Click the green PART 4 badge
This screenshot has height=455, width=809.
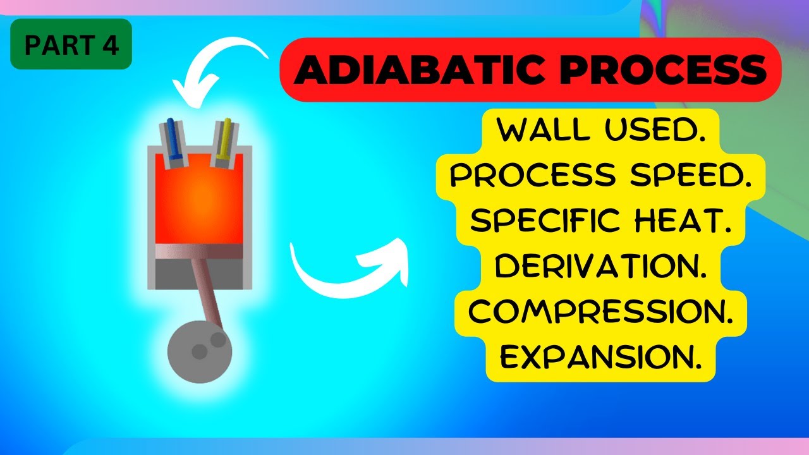pos(71,44)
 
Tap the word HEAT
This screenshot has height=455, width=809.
pos(690,221)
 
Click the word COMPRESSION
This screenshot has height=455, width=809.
pos(600,311)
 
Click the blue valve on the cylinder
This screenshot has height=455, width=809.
pos(173,138)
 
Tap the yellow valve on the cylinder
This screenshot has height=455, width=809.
pos(225,138)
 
